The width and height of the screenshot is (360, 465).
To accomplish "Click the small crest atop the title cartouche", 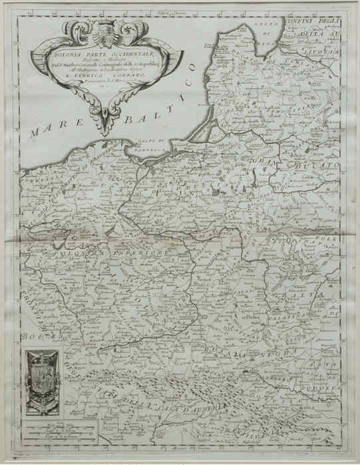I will click(104, 29).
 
